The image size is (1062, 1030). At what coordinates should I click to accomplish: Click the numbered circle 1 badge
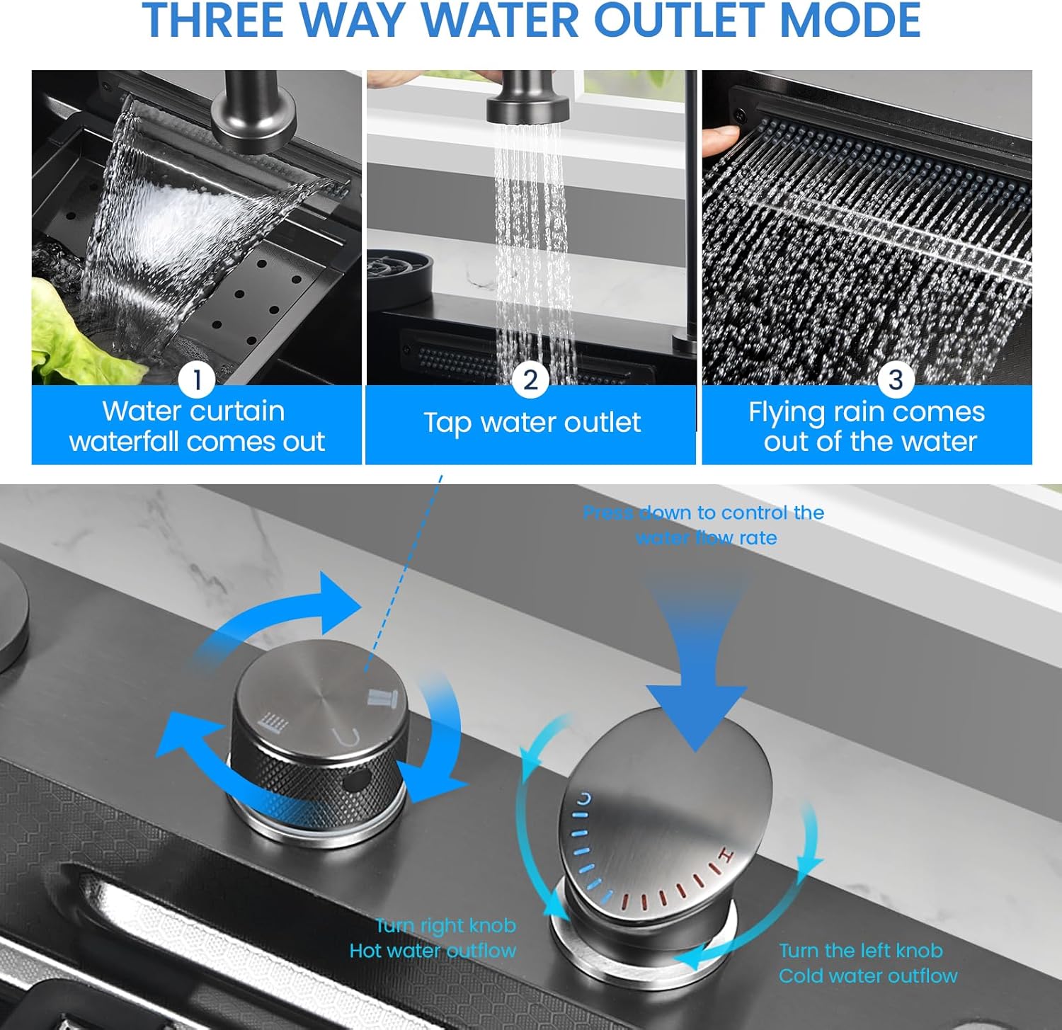coord(197,379)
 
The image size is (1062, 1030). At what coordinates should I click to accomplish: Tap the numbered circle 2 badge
coord(530,379)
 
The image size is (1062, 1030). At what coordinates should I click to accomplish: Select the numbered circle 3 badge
coord(895,379)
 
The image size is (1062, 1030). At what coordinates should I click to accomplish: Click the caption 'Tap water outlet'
coord(532,423)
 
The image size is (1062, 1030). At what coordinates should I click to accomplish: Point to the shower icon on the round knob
coord(273,722)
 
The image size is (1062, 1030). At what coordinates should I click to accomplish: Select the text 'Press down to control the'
coord(703,513)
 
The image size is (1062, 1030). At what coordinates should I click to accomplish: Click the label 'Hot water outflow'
coord(433,951)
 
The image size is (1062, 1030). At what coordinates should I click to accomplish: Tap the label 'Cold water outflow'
coord(868,976)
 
